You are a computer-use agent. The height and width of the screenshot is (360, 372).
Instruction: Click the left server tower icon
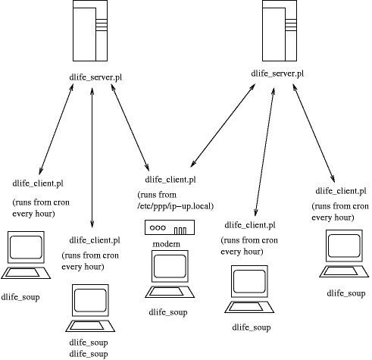pyautogui.click(x=90, y=30)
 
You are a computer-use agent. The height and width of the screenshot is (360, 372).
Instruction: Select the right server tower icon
pyautogui.click(x=280, y=30)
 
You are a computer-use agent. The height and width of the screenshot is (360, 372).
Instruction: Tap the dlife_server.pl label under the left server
pyautogui.click(x=95, y=77)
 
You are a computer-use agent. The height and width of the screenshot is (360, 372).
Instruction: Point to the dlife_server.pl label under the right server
pyautogui.click(x=277, y=74)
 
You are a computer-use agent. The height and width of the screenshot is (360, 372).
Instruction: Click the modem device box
pyautogui.click(x=170, y=227)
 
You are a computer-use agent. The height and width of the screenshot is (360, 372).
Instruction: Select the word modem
pyautogui.click(x=167, y=244)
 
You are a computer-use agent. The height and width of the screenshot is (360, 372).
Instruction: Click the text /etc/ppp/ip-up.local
pyautogui.click(x=176, y=206)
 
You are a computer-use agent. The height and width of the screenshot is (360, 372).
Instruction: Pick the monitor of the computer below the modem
pyautogui.click(x=170, y=266)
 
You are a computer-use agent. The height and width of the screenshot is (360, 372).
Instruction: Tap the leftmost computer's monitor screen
pyautogui.click(x=26, y=247)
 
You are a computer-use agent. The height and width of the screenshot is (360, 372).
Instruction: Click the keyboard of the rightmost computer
pyautogui.click(x=344, y=271)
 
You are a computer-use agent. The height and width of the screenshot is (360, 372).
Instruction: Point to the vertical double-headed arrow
pyautogui.click(x=92, y=158)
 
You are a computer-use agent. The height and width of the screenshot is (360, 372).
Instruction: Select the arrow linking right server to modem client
pyautogui.click(x=223, y=125)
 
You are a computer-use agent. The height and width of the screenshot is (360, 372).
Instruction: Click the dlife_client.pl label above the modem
pyautogui.click(x=170, y=180)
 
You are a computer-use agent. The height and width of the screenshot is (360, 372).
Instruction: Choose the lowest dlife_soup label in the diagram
pyautogui.click(x=89, y=354)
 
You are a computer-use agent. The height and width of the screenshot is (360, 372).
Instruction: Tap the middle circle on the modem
pyautogui.click(x=158, y=227)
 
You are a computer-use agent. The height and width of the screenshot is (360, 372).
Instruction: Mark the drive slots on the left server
pyautogui.click(x=102, y=25)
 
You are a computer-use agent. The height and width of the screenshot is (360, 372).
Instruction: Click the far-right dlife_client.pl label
pyautogui.click(x=341, y=191)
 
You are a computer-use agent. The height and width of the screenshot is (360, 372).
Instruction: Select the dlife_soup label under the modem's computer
pyautogui.click(x=168, y=312)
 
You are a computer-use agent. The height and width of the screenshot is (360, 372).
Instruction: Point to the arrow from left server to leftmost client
pyautogui.click(x=56, y=130)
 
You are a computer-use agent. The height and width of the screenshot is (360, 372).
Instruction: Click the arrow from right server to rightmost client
pyautogui.click(x=314, y=133)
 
